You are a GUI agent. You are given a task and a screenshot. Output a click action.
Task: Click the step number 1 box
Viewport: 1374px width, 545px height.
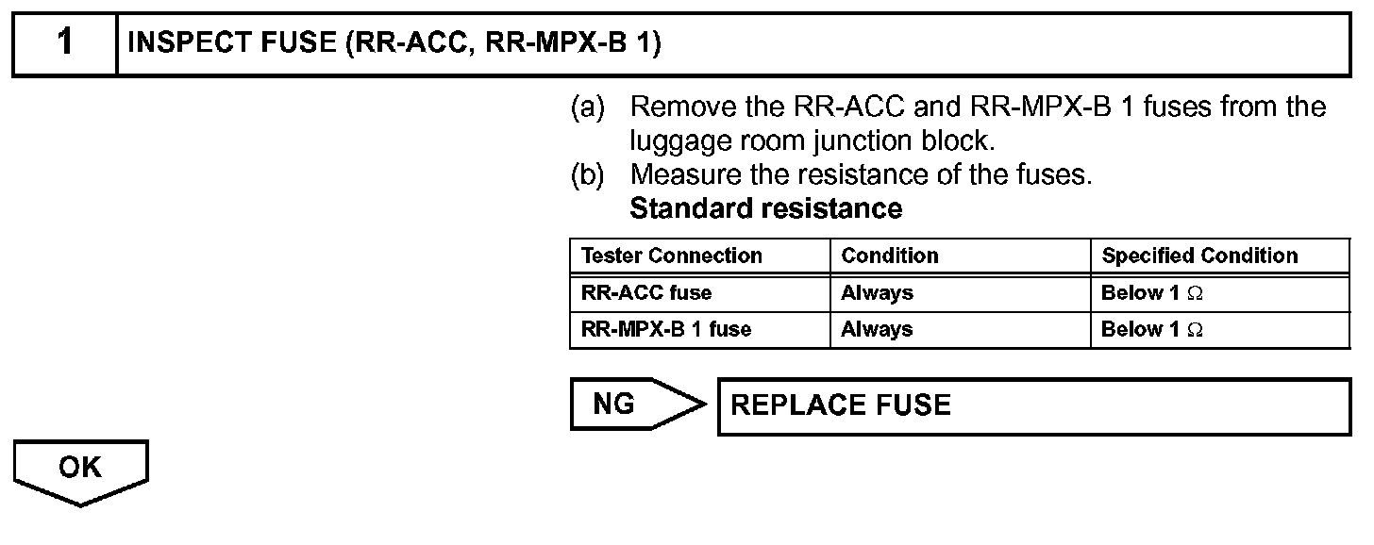click(x=63, y=44)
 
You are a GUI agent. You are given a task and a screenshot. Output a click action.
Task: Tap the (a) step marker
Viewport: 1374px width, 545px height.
click(x=588, y=107)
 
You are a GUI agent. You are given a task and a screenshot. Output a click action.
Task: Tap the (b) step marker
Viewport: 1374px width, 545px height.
click(x=588, y=175)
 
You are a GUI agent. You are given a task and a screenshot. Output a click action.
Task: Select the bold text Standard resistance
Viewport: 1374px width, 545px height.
click(x=765, y=208)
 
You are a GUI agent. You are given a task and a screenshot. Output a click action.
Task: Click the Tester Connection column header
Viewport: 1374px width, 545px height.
click(x=671, y=256)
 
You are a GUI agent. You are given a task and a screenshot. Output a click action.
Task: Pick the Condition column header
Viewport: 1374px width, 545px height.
click(x=890, y=256)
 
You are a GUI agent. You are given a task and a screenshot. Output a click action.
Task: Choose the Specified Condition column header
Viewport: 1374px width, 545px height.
click(x=1199, y=256)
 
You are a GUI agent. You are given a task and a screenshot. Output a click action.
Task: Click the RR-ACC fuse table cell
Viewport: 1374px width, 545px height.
click(x=646, y=292)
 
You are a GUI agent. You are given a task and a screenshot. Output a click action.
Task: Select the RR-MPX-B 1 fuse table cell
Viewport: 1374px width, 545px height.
click(x=666, y=329)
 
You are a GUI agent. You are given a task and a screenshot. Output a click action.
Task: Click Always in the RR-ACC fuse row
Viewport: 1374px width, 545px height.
click(x=877, y=292)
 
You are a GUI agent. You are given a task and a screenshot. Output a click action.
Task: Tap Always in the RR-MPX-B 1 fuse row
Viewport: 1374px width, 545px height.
click(x=877, y=329)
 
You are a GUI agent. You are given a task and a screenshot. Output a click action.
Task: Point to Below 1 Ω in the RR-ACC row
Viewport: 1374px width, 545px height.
click(x=1151, y=292)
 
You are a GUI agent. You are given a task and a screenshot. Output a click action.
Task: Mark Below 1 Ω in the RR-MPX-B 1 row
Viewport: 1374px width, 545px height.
click(x=1151, y=329)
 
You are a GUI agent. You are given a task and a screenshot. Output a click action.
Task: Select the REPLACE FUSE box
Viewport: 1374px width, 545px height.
click(x=1033, y=405)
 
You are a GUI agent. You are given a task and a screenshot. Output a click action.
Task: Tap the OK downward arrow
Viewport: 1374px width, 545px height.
click(x=80, y=472)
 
